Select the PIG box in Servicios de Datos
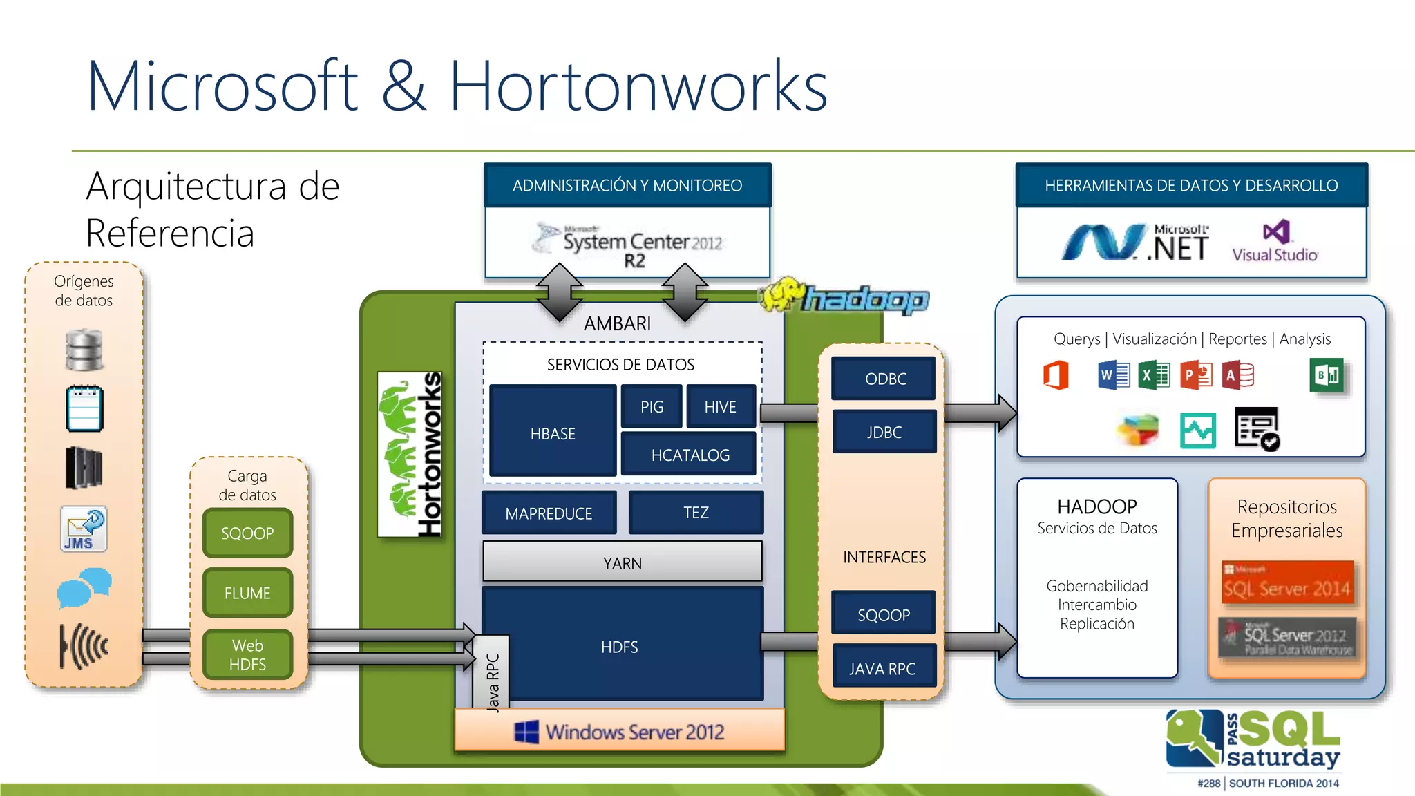point(652,407)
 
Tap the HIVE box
point(721,407)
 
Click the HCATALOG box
point(690,455)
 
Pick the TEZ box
point(696,513)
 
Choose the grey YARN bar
point(623,562)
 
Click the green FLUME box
point(247,593)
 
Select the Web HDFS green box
point(247,654)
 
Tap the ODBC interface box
point(884,379)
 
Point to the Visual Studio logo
point(1275,241)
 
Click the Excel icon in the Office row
point(1155,375)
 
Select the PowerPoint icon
point(1196,375)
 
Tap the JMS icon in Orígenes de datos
point(84,529)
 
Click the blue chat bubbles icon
point(84,587)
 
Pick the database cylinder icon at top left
point(84,350)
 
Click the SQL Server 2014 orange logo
point(1286,582)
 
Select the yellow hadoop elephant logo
point(784,295)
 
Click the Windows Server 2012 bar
point(620,731)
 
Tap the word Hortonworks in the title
point(638,86)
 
